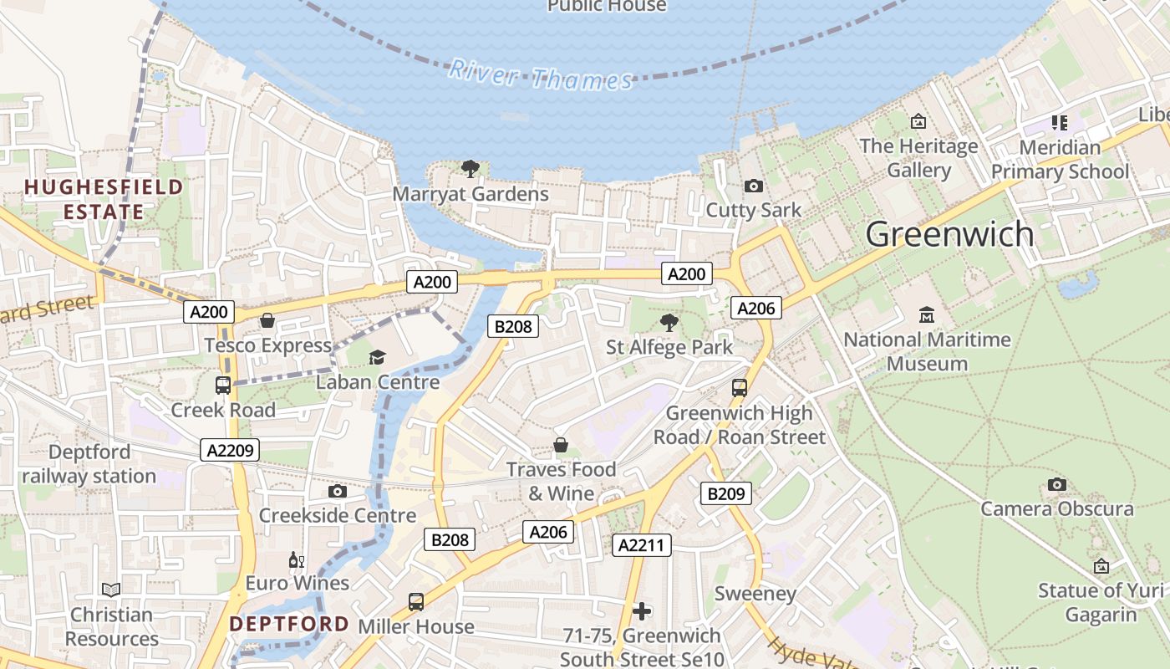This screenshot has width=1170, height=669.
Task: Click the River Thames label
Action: click(541, 75)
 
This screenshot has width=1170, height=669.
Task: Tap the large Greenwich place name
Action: click(949, 234)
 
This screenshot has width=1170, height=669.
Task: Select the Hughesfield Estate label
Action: click(104, 199)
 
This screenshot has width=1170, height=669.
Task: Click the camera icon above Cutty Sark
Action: click(753, 186)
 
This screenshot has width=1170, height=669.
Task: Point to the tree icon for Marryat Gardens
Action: click(471, 169)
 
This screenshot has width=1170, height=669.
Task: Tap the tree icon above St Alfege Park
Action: click(669, 323)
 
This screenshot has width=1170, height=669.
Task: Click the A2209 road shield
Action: click(230, 450)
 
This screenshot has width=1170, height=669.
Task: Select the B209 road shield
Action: click(725, 493)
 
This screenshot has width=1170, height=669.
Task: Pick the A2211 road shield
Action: click(642, 546)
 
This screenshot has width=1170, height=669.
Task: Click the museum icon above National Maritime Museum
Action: click(926, 316)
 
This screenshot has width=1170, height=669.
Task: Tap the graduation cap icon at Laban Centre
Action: click(377, 358)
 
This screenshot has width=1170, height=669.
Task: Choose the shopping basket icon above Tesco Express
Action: click(267, 320)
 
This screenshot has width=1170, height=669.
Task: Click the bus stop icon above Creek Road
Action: click(223, 386)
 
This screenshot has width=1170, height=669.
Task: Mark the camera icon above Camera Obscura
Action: click(1056, 484)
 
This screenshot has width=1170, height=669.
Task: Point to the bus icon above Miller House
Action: click(415, 601)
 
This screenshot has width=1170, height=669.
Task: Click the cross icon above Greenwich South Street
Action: click(642, 611)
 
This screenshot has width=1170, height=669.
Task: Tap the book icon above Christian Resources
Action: click(111, 590)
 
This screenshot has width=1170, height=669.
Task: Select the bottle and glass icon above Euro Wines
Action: click(296, 559)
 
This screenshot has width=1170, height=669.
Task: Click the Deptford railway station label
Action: click(89, 464)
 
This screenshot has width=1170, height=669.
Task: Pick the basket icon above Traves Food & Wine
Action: click(561, 445)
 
